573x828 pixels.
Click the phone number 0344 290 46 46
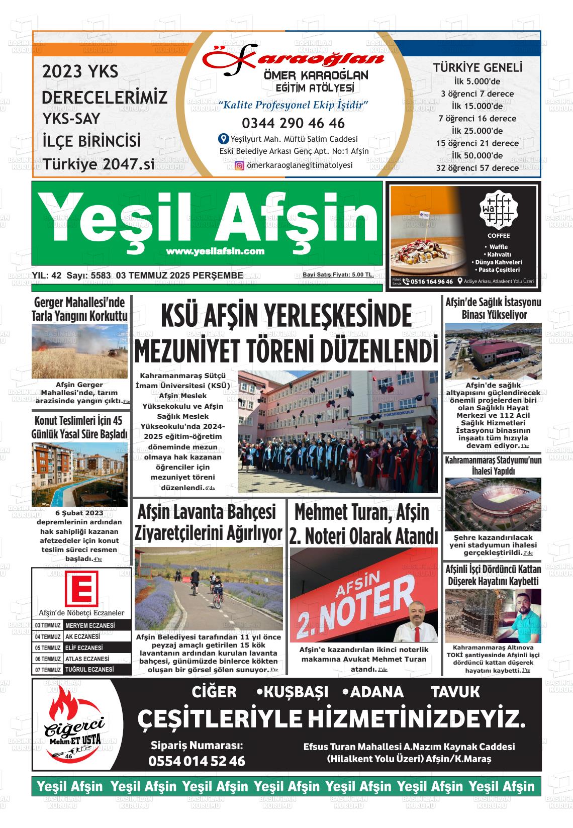pos(293,123)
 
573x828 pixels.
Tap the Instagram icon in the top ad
pos(240,165)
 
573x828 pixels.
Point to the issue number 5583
pos(100,275)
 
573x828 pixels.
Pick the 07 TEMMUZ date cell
pos(48,670)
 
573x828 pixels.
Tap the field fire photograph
pos(79,351)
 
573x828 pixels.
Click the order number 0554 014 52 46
pos(197,761)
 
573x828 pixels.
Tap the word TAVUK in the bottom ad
pos(455,692)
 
